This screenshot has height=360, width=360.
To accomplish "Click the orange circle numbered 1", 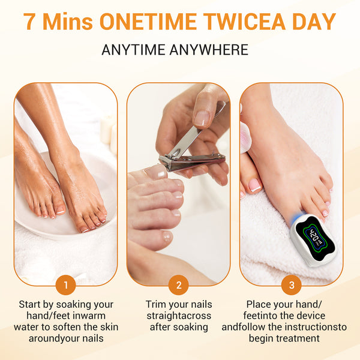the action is point(65,285).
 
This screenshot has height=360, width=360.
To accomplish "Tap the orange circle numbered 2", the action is point(179,285).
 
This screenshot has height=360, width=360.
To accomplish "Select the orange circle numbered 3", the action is point(292,285).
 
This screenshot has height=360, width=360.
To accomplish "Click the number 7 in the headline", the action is point(29,22).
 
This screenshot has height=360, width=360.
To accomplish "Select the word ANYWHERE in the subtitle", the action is point(209,50).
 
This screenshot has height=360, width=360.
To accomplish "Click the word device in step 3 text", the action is point(311,316).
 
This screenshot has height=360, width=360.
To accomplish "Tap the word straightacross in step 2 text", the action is point(179,316).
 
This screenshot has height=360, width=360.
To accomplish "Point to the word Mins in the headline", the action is point(68,22).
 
